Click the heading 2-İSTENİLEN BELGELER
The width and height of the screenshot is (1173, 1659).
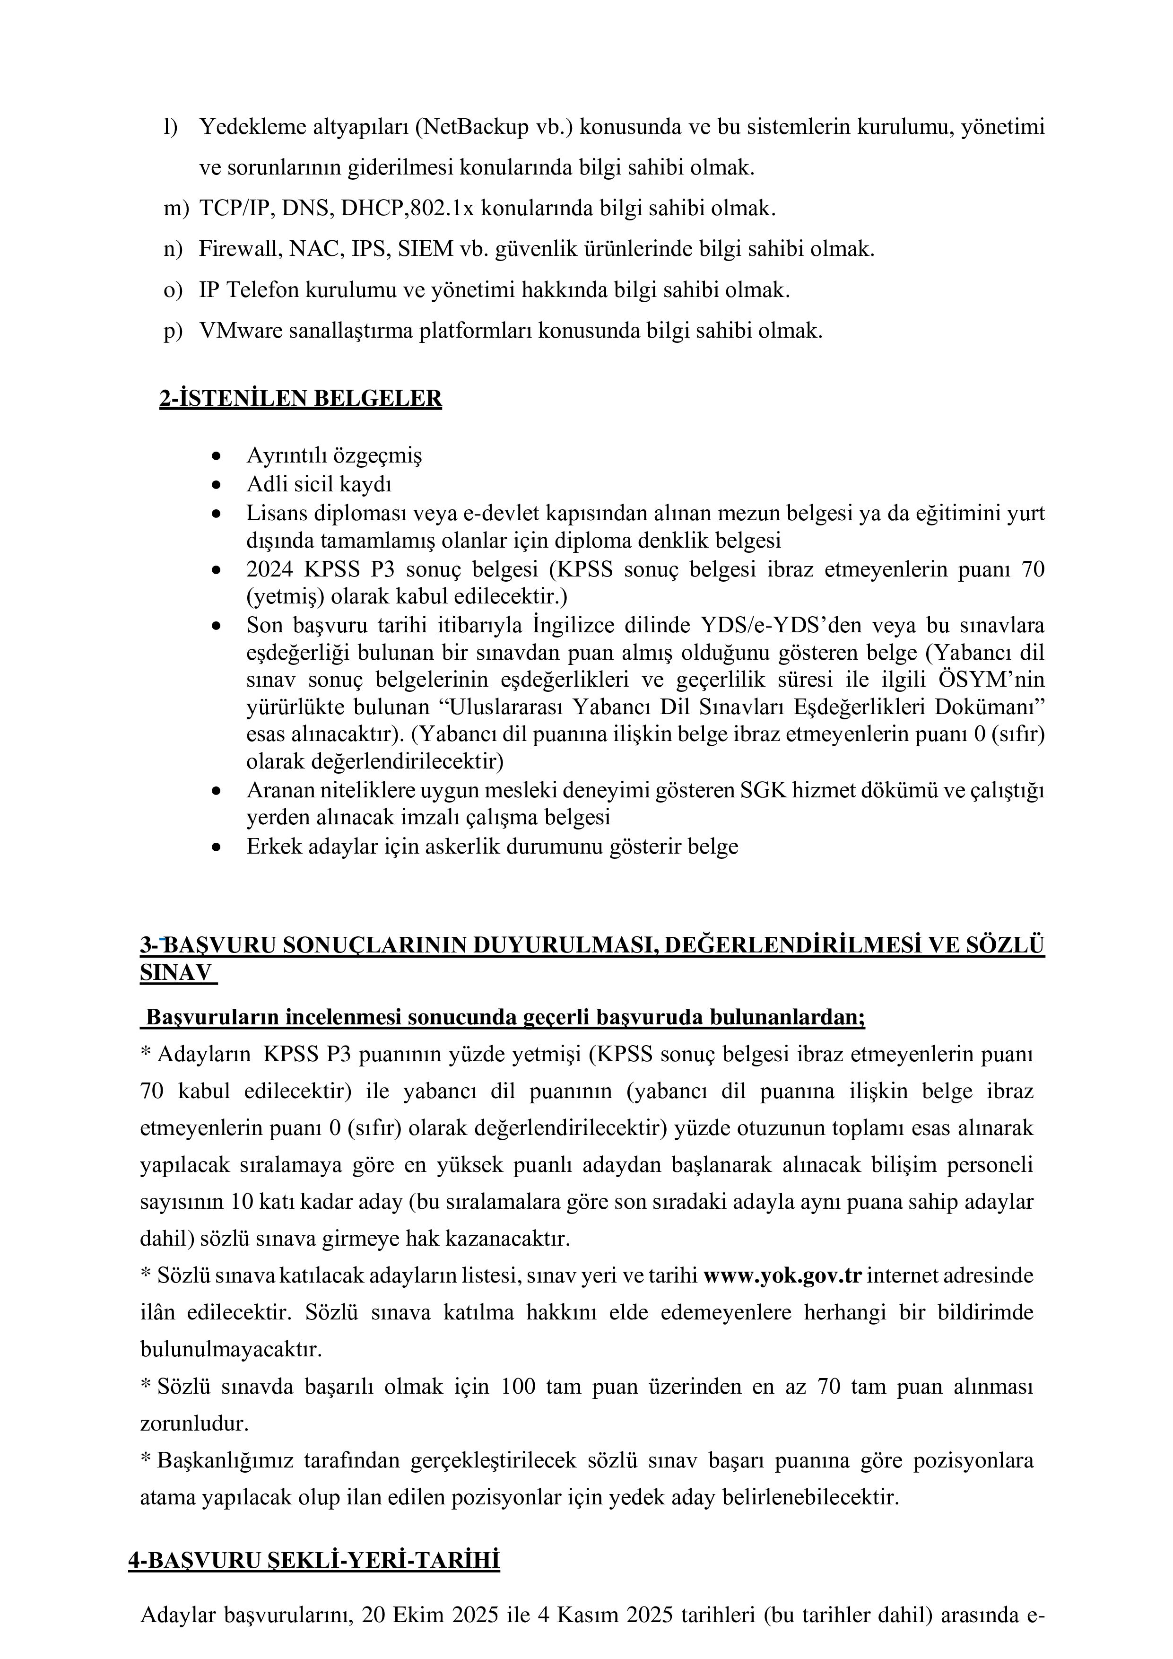point(301,398)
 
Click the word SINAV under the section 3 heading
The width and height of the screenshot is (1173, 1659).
point(176,973)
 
